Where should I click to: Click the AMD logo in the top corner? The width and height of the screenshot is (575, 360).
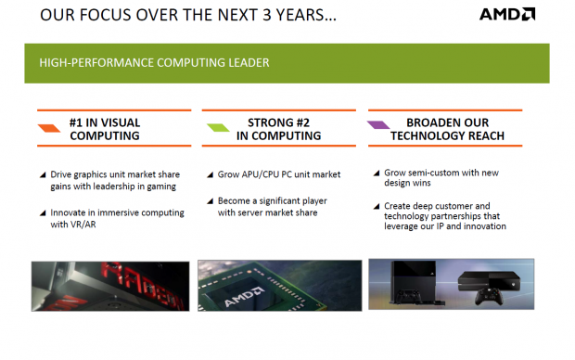click(506, 14)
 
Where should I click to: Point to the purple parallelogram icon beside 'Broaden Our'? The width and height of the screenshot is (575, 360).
click(377, 124)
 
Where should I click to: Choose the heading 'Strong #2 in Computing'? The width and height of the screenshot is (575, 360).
click(283, 128)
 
